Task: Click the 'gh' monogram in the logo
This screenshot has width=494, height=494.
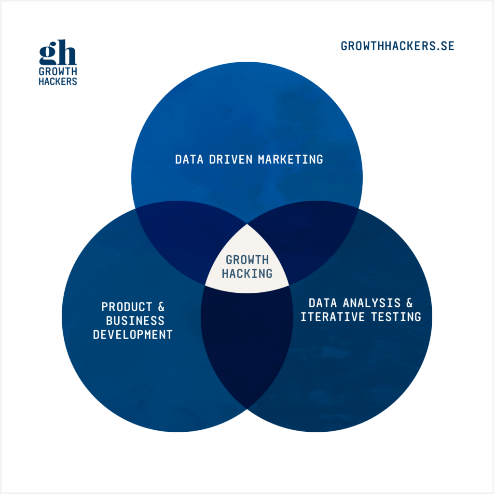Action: coord(58,53)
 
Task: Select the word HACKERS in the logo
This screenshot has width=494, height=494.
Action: coord(58,82)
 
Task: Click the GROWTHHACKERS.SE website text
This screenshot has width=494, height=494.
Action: coord(398,46)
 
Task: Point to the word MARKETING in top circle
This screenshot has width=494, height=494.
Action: coord(290,159)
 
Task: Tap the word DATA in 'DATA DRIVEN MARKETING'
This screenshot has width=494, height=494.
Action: coord(190,159)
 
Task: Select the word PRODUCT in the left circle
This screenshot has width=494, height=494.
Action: coord(123,307)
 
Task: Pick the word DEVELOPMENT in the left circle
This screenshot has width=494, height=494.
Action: coord(133,334)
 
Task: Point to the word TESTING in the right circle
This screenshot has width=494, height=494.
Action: coord(396,317)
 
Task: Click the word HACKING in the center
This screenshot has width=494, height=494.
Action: coord(247,273)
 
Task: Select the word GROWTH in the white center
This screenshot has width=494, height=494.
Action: coord(247,260)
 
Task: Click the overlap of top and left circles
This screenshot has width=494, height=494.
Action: coord(178,241)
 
